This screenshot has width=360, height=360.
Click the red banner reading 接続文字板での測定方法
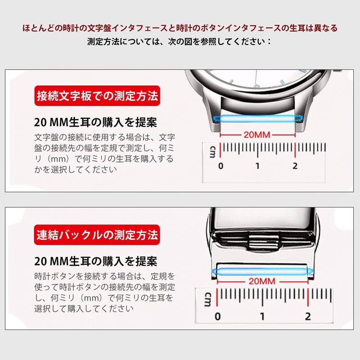click(x=97, y=96)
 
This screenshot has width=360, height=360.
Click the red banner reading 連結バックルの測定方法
click(x=97, y=235)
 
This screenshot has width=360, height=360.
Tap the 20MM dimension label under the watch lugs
click(x=257, y=135)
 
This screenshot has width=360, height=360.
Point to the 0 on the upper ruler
click(x=220, y=166)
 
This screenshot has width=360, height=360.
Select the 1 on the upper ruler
click(x=257, y=166)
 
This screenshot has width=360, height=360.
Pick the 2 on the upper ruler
click(x=295, y=166)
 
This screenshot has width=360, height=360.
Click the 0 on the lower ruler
click(x=217, y=316)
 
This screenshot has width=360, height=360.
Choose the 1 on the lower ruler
click(x=262, y=316)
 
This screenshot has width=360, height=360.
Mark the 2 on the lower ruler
click(x=308, y=316)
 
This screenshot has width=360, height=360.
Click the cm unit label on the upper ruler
click(x=212, y=152)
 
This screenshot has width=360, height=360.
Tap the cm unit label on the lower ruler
click(x=207, y=299)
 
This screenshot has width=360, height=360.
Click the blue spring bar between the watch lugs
click(x=257, y=118)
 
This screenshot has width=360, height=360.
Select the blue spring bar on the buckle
click(x=263, y=272)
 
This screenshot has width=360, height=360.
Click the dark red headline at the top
click(x=180, y=28)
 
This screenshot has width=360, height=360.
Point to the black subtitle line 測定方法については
click(x=179, y=41)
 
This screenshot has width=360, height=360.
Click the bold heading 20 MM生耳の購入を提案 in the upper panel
click(x=95, y=122)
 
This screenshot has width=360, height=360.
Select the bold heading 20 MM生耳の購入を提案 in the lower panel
click(x=95, y=261)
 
